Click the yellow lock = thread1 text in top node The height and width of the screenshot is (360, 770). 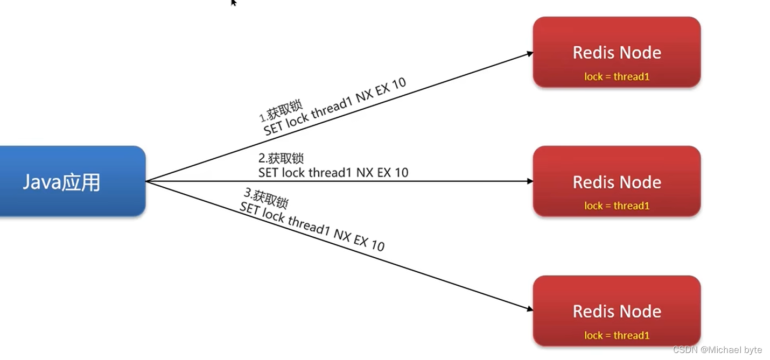[617, 76]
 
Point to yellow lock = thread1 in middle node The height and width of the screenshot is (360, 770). [617, 206]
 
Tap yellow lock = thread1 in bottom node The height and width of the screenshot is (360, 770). [617, 335]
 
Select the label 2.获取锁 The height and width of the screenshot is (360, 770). [281, 158]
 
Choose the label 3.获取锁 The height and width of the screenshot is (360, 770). [267, 197]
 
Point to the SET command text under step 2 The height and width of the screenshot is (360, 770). [333, 173]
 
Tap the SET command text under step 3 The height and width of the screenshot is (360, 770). [312, 227]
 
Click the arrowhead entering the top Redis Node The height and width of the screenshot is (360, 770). [530, 53]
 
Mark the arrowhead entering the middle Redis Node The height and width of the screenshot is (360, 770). [530, 181]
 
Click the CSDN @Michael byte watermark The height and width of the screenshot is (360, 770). [717, 350]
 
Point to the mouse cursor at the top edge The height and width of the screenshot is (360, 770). [233, 3]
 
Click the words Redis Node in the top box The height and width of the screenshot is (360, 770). [617, 53]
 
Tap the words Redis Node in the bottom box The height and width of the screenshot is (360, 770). [617, 312]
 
